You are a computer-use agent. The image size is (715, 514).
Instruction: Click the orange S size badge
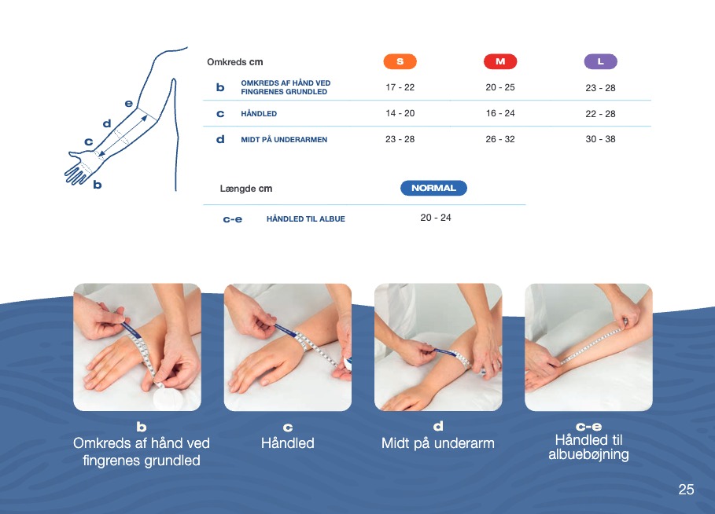tap(400, 61)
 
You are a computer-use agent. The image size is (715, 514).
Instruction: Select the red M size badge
tap(500, 61)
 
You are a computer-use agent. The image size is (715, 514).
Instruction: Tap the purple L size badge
tap(600, 61)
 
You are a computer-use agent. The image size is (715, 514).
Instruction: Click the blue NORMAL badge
tap(433, 188)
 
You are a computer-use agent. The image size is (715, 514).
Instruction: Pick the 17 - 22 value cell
tap(400, 87)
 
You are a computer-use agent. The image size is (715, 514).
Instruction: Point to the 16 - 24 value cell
tap(500, 113)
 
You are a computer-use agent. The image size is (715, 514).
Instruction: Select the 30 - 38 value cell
tap(600, 139)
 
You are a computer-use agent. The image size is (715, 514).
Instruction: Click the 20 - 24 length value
tap(436, 218)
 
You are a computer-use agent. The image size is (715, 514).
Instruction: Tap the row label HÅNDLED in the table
tap(259, 113)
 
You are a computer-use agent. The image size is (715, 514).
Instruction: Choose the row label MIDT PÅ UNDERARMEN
tap(284, 139)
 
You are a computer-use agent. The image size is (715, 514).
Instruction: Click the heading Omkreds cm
tap(235, 62)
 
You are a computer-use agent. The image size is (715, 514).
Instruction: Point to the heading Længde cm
tap(245, 188)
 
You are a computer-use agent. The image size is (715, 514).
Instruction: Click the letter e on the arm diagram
tap(128, 104)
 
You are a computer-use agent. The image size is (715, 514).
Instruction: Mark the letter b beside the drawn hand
tap(97, 185)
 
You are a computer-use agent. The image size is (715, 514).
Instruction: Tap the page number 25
tap(686, 490)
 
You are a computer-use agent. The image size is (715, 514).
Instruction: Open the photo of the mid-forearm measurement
tap(438, 347)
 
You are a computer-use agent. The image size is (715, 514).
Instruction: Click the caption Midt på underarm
tap(438, 443)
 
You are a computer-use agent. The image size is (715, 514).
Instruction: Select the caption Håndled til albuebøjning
tap(588, 447)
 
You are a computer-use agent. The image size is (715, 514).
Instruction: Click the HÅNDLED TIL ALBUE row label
tap(305, 219)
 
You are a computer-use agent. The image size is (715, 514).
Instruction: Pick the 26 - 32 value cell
tap(500, 139)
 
